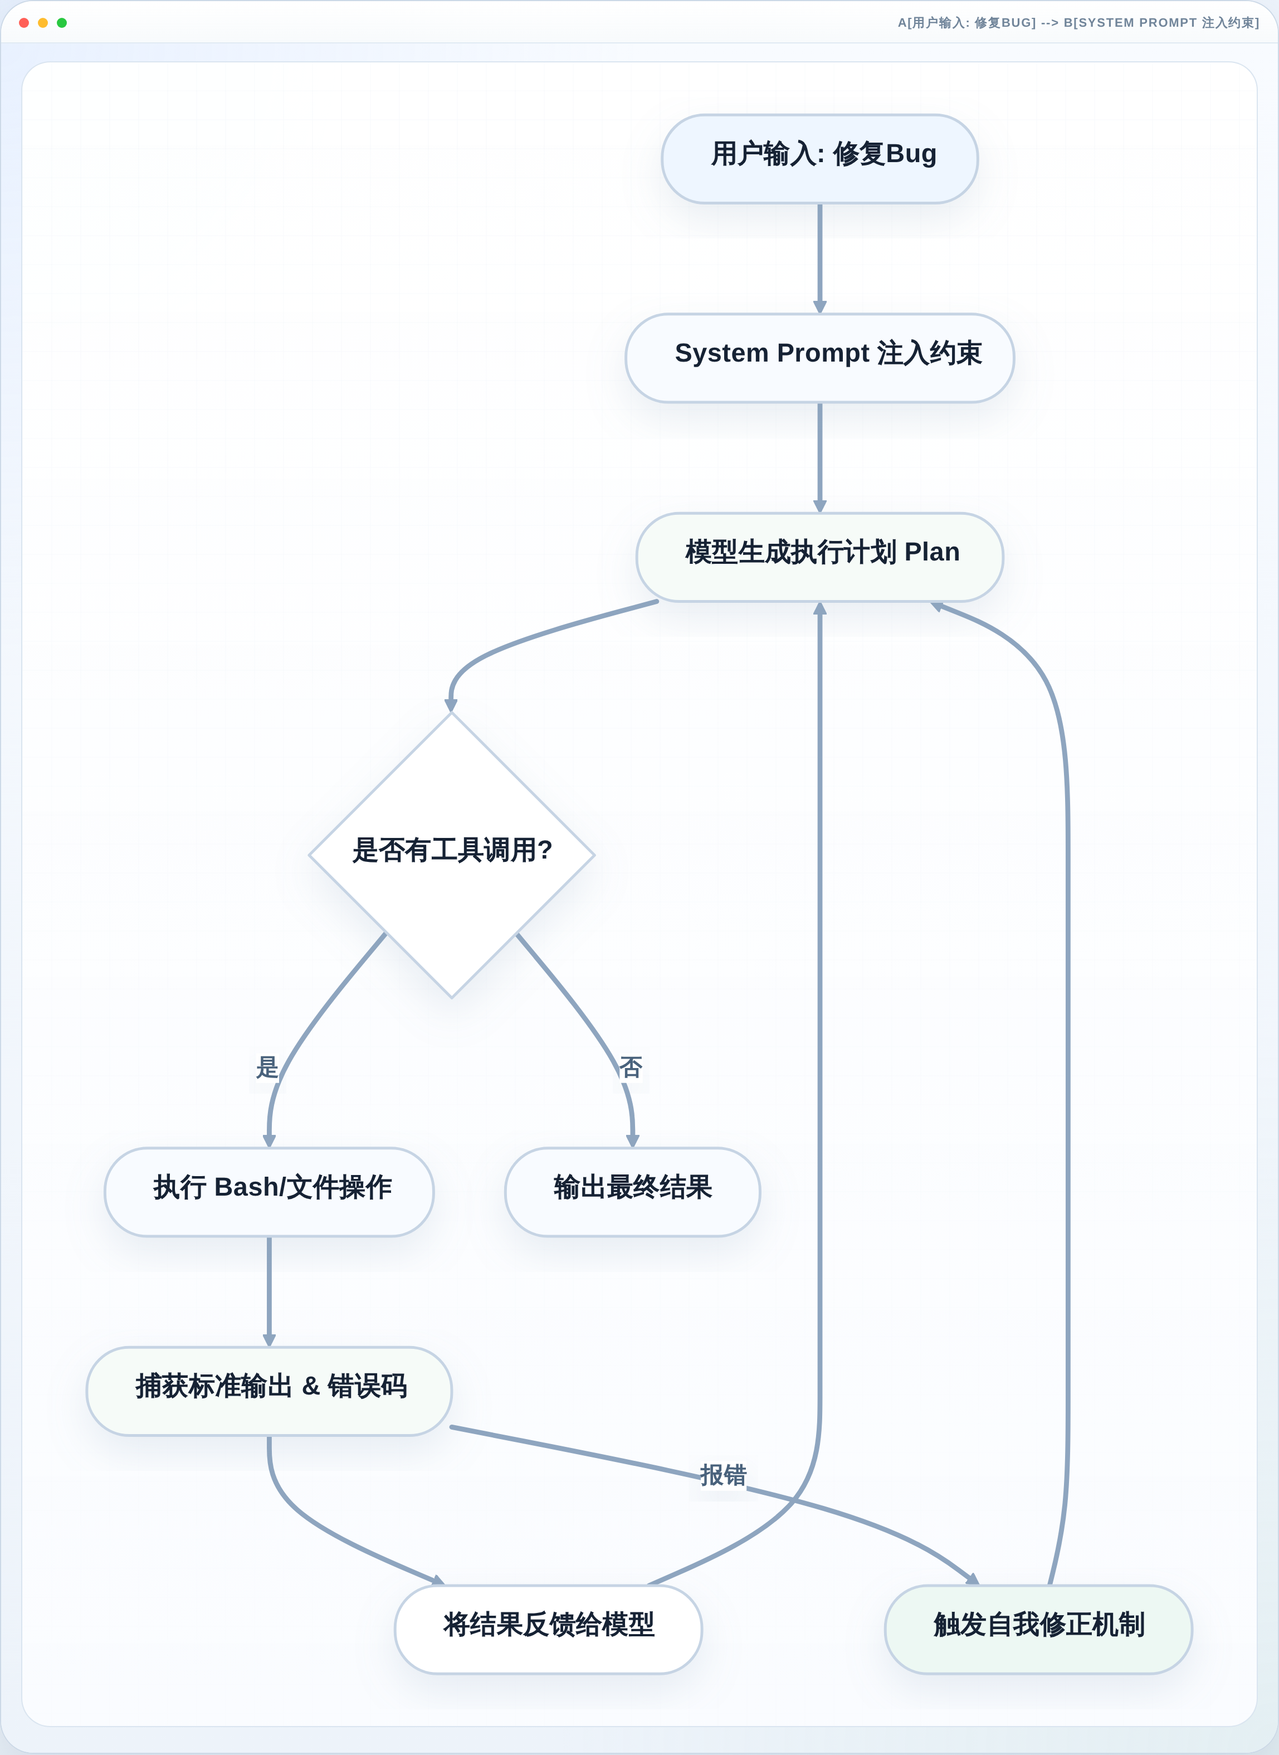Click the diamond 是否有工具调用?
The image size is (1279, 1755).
451,855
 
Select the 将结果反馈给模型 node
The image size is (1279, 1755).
548,1629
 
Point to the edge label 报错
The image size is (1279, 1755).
723,1475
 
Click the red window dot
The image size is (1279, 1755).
24,22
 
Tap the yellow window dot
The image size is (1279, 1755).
42,22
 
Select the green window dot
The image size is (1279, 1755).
62,22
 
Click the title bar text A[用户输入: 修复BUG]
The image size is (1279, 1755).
966,22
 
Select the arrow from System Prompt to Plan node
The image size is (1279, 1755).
820,457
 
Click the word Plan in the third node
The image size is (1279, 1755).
932,552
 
